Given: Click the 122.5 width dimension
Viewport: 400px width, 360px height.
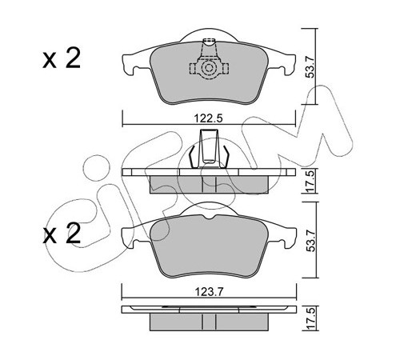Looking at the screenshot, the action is coord(208,118).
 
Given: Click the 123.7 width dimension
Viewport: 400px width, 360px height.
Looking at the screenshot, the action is coord(209,292).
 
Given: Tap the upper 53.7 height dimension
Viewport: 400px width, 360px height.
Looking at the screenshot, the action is coord(310,66).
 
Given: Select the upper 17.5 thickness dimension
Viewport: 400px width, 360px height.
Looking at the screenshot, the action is coord(310,181).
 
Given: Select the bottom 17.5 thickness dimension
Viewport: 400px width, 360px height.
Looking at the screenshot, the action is coord(310,318).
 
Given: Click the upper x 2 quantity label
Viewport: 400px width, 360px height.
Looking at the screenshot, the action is coord(62,58).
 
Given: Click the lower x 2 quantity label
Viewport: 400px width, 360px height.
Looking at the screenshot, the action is coord(62,234).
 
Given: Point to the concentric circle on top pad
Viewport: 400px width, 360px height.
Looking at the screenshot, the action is coord(208,68).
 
